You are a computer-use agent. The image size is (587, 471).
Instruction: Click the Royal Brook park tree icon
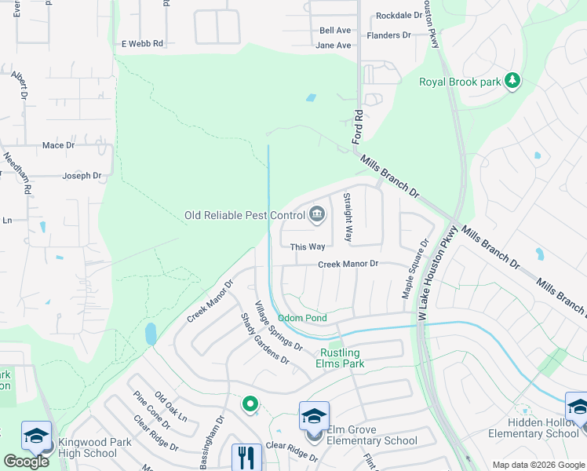pos(512,81)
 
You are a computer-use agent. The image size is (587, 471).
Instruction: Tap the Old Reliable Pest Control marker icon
pos(317,214)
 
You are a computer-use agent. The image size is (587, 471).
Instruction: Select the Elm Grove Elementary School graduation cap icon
pos(313,415)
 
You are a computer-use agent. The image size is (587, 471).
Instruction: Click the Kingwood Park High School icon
pos(37,436)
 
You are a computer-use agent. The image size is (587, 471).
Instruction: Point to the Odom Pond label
pos(302,318)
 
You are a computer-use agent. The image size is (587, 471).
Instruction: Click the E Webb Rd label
pos(142,44)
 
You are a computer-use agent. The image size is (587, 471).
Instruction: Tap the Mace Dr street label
pos(58,145)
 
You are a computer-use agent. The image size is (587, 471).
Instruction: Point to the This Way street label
pos(308,246)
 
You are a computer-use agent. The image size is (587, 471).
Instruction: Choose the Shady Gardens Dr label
pos(264,338)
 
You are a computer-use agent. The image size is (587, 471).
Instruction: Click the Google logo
pos(26,462)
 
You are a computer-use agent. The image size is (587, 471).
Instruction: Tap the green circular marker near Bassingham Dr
pos(250,404)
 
